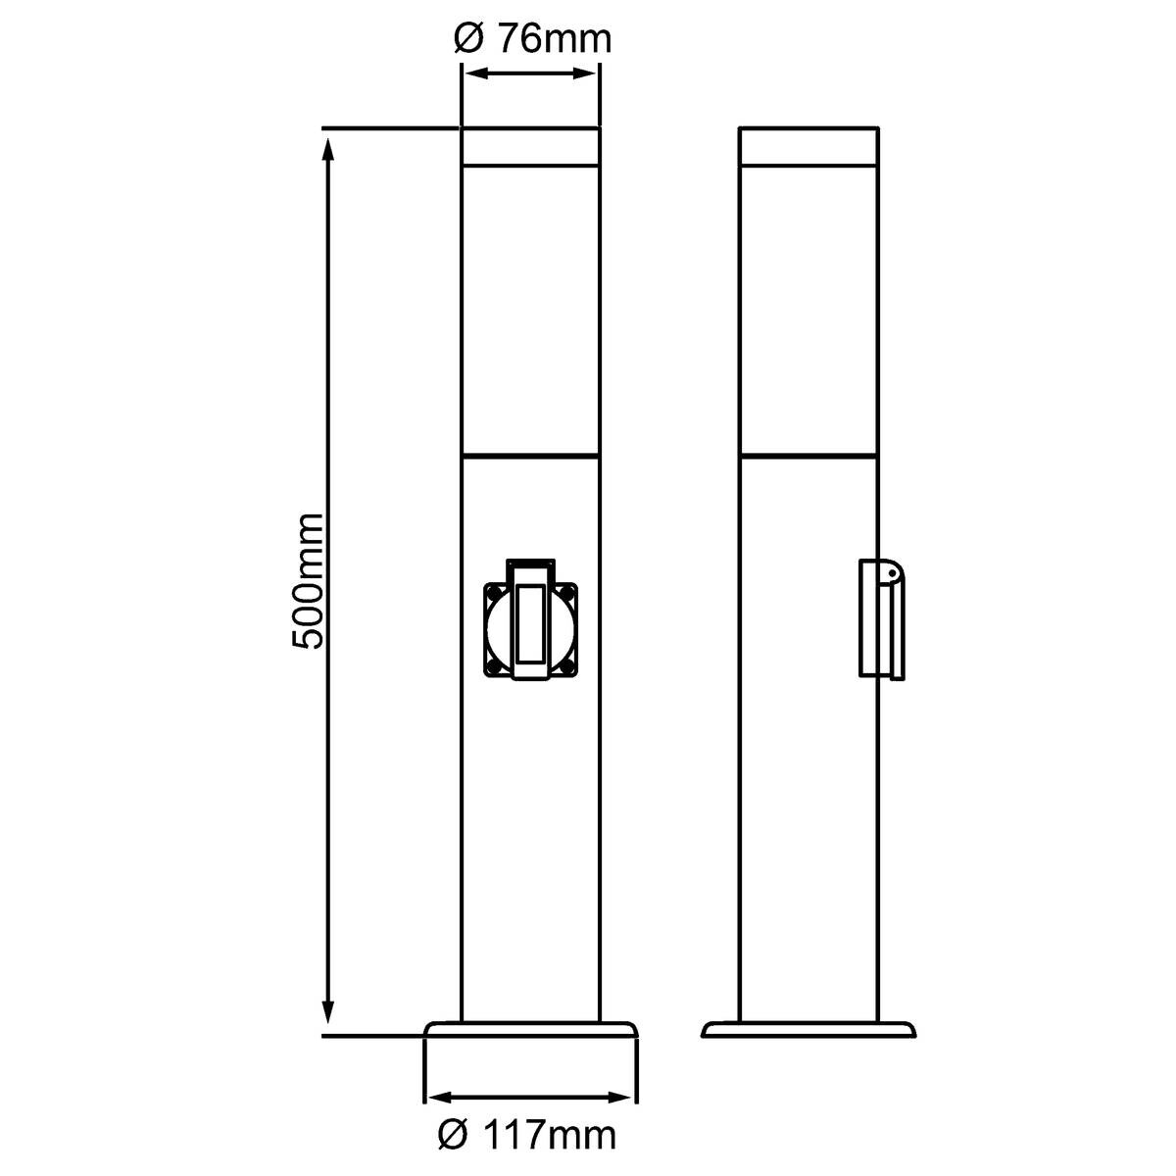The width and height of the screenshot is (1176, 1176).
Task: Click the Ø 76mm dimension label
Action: point(532,39)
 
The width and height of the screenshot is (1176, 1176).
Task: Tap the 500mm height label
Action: point(307,581)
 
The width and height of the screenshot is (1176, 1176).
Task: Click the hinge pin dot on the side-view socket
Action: point(891,573)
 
